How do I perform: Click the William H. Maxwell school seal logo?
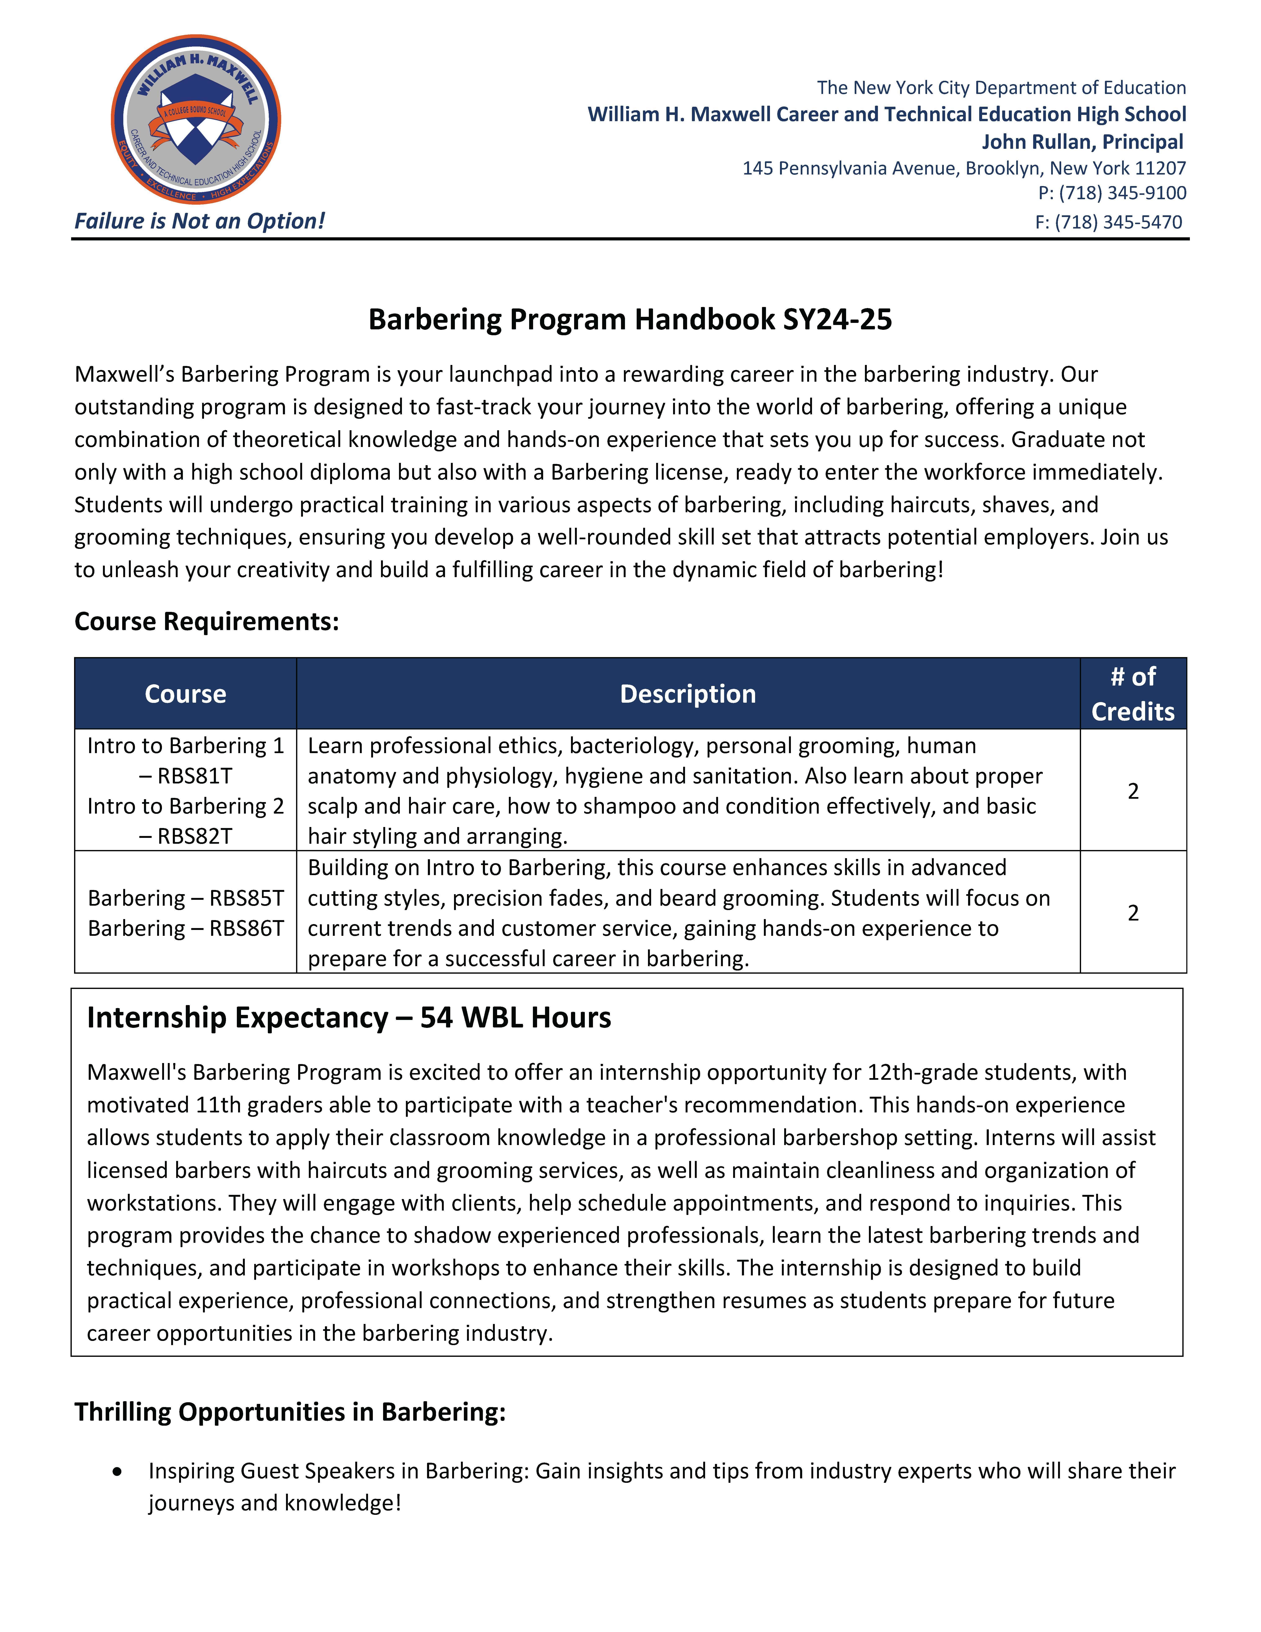[x=196, y=119]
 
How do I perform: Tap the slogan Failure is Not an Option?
[x=199, y=221]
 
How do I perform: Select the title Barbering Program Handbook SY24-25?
[x=630, y=319]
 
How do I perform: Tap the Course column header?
[x=185, y=693]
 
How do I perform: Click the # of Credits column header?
[x=1133, y=693]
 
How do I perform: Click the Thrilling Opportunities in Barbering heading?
[x=290, y=1412]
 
